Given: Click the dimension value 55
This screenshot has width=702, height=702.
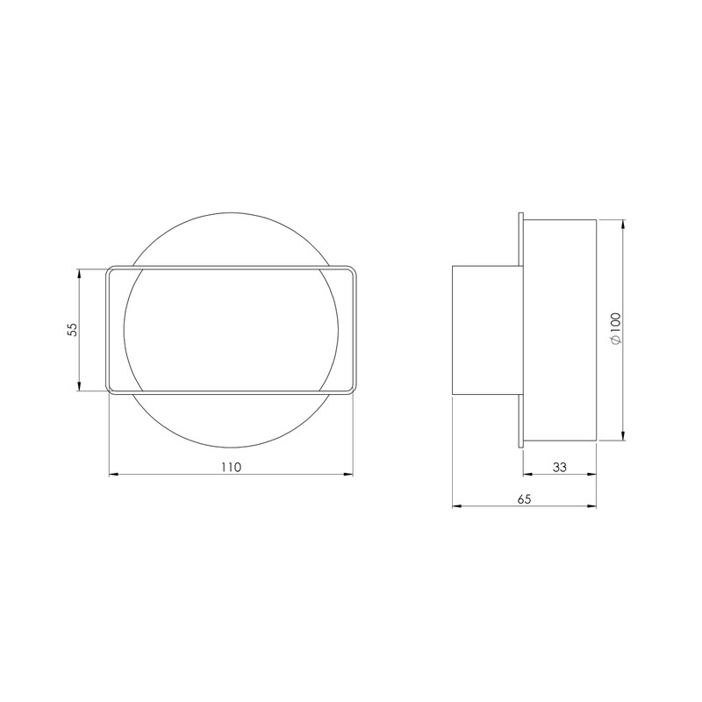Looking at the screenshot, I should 73,329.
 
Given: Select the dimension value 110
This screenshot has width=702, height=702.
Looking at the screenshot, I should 230,467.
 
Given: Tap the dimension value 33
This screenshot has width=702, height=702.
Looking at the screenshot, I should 560,467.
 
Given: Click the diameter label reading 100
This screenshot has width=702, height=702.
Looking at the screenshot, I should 614,330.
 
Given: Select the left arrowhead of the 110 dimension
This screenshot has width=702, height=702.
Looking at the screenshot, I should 112,476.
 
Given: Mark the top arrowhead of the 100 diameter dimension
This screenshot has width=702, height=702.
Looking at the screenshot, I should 622,225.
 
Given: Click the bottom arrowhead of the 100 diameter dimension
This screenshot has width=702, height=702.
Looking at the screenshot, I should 622,435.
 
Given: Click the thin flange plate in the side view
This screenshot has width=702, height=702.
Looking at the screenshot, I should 521,330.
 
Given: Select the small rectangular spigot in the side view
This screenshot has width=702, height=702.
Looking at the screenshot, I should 485,330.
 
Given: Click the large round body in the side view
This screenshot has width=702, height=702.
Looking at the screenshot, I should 561,330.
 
